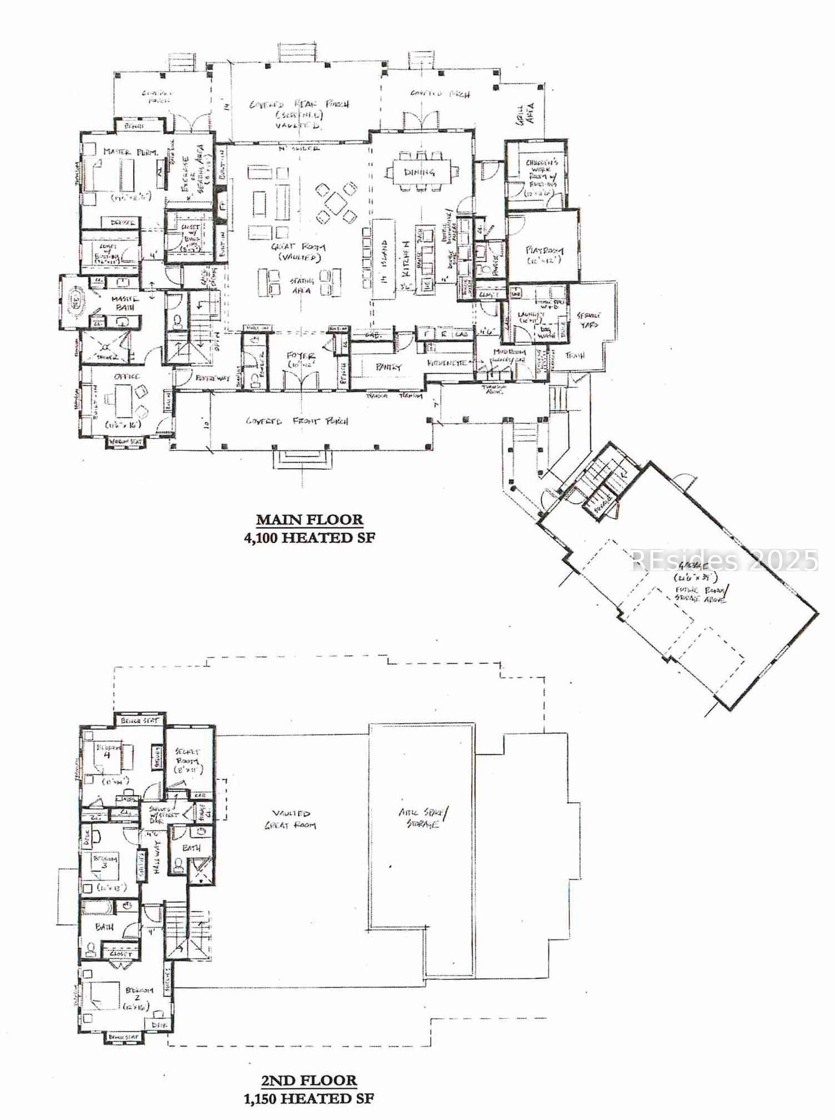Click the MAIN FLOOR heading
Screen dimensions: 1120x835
[x=309, y=520]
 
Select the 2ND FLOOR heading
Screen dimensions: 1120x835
[x=309, y=1080]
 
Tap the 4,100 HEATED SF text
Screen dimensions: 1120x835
[x=309, y=538]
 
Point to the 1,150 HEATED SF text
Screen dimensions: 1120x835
[x=309, y=1098]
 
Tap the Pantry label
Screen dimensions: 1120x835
[x=388, y=367]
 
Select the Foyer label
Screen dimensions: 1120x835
[x=300, y=356]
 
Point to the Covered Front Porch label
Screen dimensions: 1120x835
[x=297, y=421]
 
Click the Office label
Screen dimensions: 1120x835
[x=126, y=377]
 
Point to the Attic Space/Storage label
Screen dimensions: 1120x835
[x=423, y=818]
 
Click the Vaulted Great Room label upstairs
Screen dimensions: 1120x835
[x=290, y=819]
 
